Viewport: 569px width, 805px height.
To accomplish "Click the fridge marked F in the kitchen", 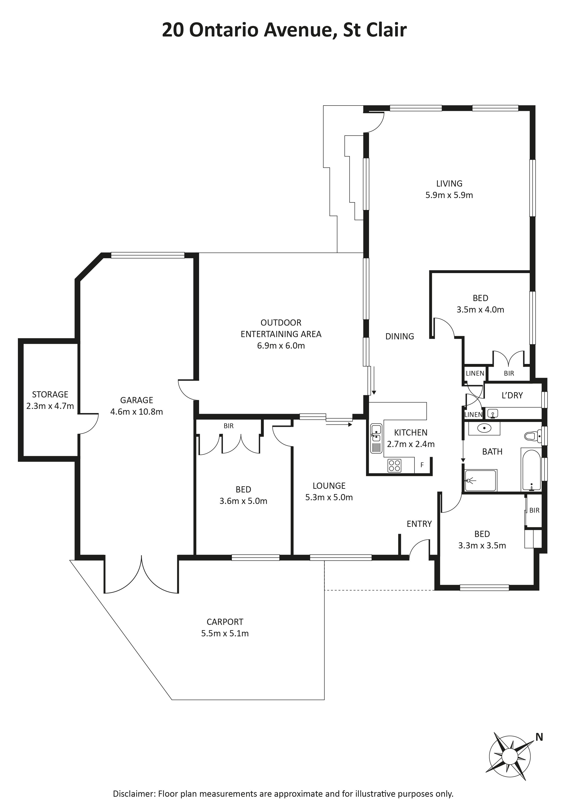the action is tap(422, 465).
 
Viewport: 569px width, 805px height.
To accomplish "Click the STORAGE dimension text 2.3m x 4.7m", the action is tap(50, 406).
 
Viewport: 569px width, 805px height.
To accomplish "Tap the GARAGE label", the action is tap(137, 400).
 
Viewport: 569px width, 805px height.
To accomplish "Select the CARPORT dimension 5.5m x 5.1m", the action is tap(225, 634).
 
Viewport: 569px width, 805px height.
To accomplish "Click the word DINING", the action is tap(400, 337).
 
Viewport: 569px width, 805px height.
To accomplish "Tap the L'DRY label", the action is tap(512, 395).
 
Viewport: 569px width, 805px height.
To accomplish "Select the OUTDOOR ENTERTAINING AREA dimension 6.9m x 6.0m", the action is tap(281, 346).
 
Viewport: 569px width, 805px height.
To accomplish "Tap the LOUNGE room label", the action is tap(329, 486).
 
